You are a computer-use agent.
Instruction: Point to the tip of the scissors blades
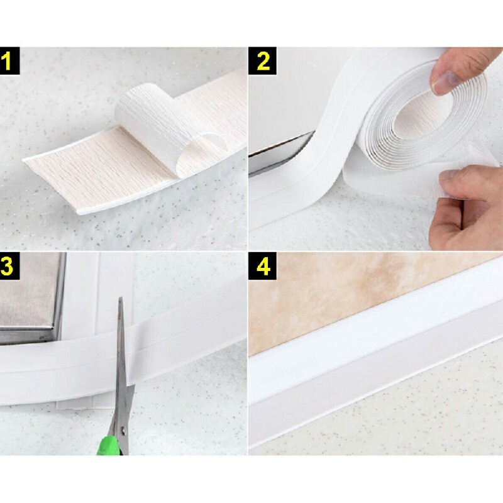(x=121, y=302)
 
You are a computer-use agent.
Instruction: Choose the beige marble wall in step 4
(x=352, y=296)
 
